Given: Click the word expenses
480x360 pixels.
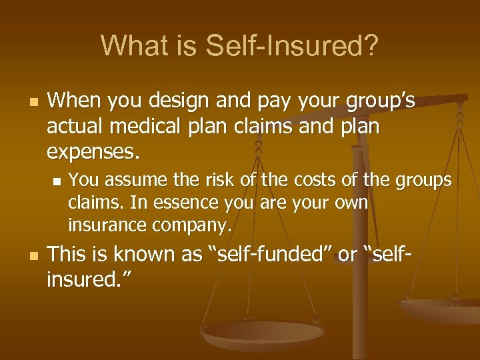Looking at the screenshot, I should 93,151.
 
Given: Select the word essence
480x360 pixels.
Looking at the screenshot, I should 193,203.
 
